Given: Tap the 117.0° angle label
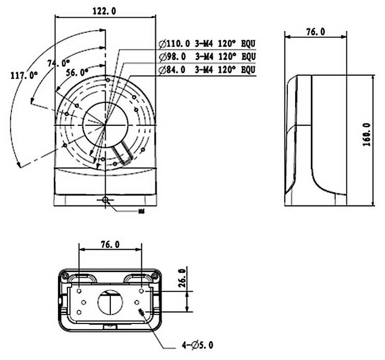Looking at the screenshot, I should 25,76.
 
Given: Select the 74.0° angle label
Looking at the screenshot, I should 58,63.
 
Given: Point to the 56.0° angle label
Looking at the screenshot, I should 76,72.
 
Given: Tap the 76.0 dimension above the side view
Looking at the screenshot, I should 315,32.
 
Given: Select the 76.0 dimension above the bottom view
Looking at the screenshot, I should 110,244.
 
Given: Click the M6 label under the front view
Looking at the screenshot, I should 141,212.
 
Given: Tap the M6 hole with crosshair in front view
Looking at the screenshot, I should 106,200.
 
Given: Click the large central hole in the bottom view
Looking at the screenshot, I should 110,301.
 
